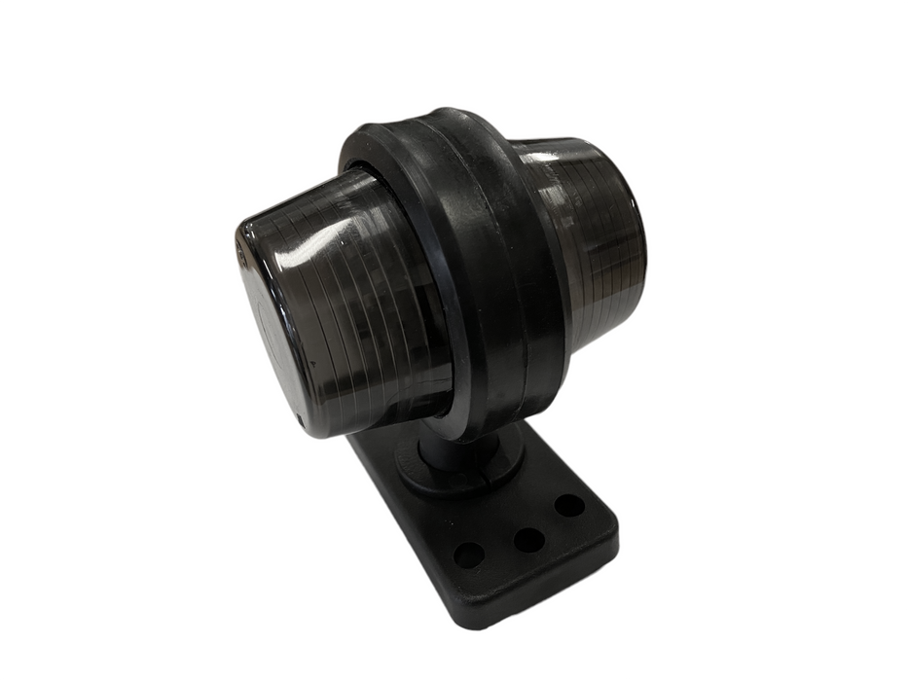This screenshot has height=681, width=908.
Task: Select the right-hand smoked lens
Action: (594, 224)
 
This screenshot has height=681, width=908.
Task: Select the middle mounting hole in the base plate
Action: (527, 538)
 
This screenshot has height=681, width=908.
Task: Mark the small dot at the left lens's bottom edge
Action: (301, 420)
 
